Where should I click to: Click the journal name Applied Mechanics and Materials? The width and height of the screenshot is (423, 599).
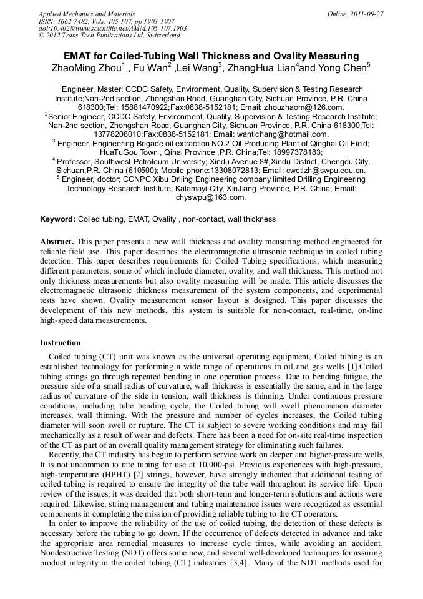coord(87,14)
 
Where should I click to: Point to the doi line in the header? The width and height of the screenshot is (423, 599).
coord(112,28)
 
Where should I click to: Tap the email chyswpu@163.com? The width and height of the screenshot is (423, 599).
coord(211,197)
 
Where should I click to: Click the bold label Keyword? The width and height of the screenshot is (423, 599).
coord(58,219)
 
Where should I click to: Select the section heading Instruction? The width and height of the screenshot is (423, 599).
coord(61,343)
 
